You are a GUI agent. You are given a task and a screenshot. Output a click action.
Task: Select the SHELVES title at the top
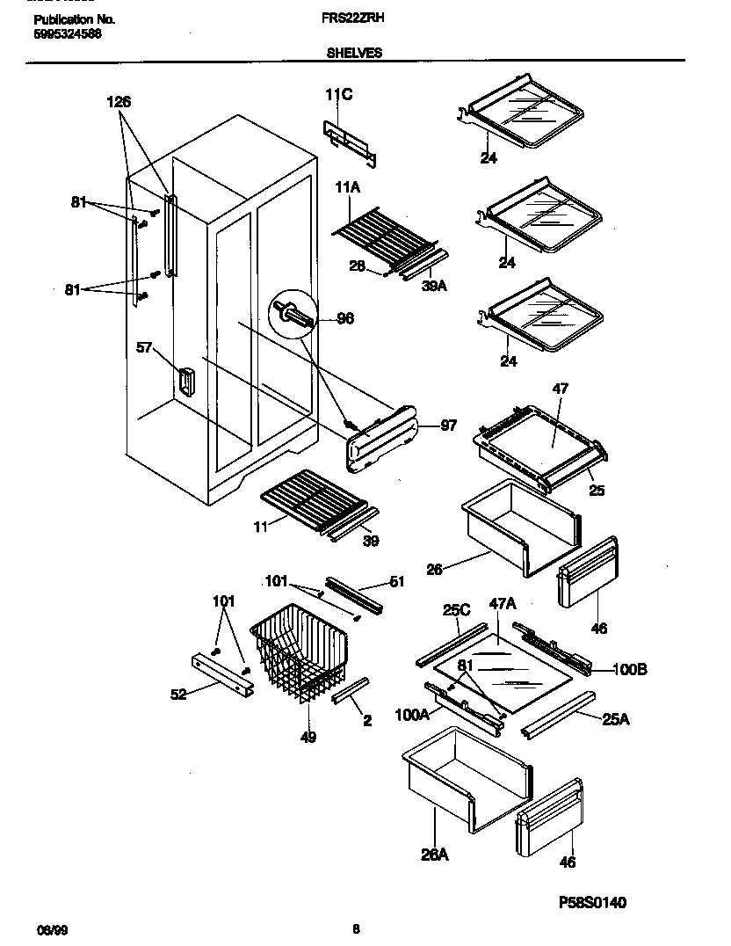click(x=354, y=53)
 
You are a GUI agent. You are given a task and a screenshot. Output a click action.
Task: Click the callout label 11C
click(x=338, y=95)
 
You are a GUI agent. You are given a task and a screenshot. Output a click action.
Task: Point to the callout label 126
click(x=119, y=102)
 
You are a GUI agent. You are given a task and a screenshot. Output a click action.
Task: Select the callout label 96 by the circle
click(x=345, y=318)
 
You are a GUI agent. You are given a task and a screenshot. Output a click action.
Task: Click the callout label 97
click(x=448, y=426)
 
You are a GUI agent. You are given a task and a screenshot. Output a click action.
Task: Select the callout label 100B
click(x=629, y=670)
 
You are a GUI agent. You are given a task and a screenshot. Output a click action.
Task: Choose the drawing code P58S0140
click(x=592, y=902)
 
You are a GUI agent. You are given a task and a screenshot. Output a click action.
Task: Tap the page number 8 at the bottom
click(x=355, y=928)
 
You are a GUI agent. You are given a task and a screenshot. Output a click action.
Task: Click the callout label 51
click(x=395, y=580)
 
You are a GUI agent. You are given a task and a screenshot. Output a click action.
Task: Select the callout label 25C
click(x=455, y=608)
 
